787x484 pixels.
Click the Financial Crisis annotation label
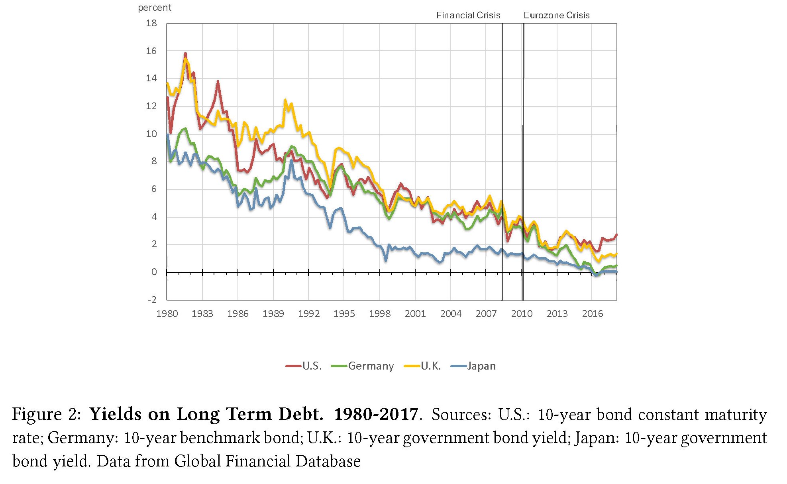468,16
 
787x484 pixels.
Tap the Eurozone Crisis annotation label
556,16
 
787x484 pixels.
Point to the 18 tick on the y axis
151,24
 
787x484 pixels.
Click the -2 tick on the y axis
152,300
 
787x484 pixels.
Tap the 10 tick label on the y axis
151,134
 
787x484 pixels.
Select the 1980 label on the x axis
167,314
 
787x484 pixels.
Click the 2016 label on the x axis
592,314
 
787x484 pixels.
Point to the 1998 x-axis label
379,314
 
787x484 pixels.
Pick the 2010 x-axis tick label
522,314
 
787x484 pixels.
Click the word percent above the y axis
155,8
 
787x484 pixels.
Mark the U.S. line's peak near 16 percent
185,53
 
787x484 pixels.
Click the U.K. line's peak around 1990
285,100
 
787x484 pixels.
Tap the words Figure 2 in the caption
46,415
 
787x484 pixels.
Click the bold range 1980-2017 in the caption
376,415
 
